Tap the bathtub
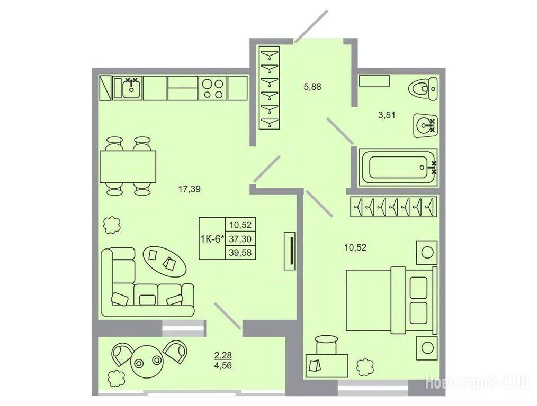(397, 168)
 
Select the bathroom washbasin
(425, 125)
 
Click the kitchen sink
(131, 88)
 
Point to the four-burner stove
(213, 88)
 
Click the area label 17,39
(190, 189)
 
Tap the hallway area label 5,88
(312, 87)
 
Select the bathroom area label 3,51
(387, 115)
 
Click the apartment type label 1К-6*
(212, 238)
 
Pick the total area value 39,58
(240, 253)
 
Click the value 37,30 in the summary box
(240, 238)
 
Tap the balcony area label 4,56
(223, 366)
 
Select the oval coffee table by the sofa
(165, 260)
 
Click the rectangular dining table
(128, 167)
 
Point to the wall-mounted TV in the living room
(290, 251)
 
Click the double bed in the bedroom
(392, 300)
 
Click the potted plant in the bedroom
(364, 367)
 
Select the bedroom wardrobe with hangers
(394, 206)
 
